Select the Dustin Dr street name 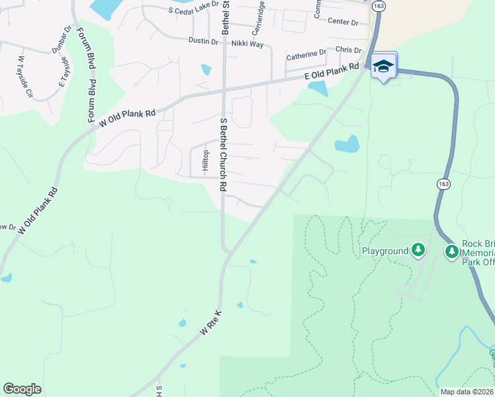pos(203,40)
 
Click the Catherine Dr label pos(306,53)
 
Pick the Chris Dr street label pos(349,50)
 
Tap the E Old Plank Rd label pos(332,71)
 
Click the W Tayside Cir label pos(24,75)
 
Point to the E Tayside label pos(64,72)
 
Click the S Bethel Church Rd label pos(224,155)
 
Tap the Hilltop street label pos(205,160)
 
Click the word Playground pos(384,251)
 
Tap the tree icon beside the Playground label pos(418,251)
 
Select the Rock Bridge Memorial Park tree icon pos(452,251)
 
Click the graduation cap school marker pos(384,66)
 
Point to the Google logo pos(22,389)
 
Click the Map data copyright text pos(467,392)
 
